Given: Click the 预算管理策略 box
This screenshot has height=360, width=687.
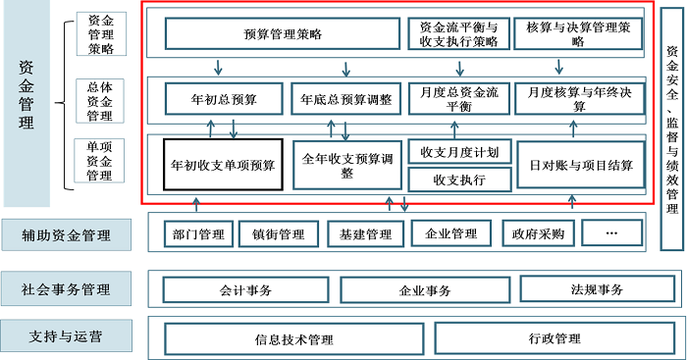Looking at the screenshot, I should pos(283,34).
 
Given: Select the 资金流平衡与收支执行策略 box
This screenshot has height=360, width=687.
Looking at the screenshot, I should pos(458,34).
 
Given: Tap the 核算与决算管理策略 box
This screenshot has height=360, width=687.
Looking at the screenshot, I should pos(578,34).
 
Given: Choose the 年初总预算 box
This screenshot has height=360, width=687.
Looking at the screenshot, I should pos(225,99).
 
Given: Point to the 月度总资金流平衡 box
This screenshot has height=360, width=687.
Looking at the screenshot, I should pos(458,99).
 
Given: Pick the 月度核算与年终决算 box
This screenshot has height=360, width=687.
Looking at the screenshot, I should pos(578,99).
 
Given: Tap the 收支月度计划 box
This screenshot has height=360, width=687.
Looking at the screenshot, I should pos(458,152).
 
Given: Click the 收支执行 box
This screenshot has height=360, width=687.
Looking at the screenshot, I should pos(458,180).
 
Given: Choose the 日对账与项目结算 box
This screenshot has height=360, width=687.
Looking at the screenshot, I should pos(578,164).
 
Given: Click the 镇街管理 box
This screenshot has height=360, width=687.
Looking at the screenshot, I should pos(279,233).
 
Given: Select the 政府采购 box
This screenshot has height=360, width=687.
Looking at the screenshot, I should pos(533,233).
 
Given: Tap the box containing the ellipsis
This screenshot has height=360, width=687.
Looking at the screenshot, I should pos(612,233).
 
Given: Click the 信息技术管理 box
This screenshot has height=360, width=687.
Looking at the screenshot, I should pos(294,339).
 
